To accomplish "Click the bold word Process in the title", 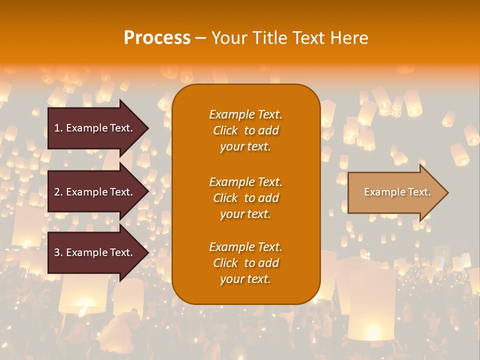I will coord(157,38).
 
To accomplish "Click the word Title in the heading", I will coord(270,38).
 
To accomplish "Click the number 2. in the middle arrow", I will coord(58,192).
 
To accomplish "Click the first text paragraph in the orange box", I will coord(245,130).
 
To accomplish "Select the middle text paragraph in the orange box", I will coord(245,198).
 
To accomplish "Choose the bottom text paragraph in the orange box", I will coord(245,263).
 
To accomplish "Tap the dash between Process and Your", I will coord(201,38).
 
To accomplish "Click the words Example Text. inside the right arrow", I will coord(397,192).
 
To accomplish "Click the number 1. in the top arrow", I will coord(58,128).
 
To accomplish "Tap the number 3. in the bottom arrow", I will coord(58,252).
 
